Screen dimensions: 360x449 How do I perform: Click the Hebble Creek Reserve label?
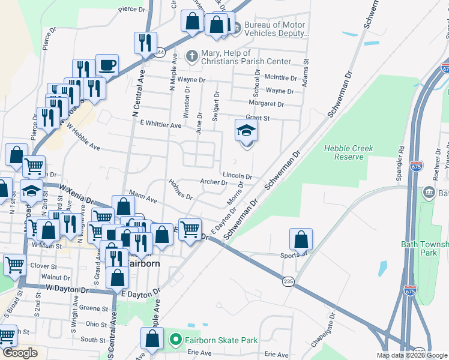pyautogui.click(x=348, y=152)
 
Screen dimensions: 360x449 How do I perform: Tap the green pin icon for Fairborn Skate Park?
pyautogui.click(x=175, y=340)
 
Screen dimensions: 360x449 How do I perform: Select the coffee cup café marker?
pyautogui.click(x=107, y=65)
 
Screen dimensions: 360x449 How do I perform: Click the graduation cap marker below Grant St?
pyautogui.click(x=246, y=131)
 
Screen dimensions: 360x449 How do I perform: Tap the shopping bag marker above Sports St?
pyautogui.click(x=301, y=239)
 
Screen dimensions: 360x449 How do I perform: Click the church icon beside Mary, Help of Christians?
pyautogui.click(x=192, y=56)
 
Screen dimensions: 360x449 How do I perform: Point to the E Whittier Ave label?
pyautogui.click(x=160, y=125)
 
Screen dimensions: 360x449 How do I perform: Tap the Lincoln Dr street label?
pyautogui.click(x=237, y=176)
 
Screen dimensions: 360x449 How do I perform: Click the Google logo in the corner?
pyautogui.click(x=20, y=353)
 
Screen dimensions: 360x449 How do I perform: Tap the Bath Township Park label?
pyautogui.click(x=424, y=248)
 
